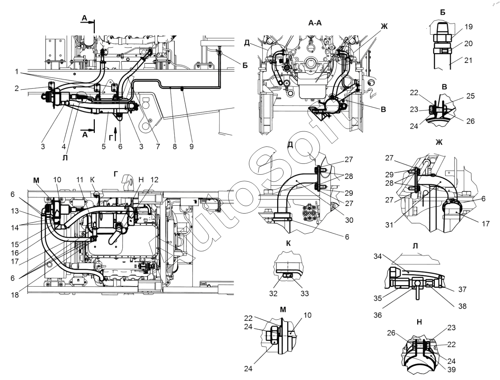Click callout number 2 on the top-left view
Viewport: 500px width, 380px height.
[x=17, y=89]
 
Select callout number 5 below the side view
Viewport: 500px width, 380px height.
[x=104, y=146]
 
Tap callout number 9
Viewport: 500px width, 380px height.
[x=191, y=146]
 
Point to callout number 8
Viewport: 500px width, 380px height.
[x=175, y=146]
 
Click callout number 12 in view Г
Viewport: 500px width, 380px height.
[x=154, y=180]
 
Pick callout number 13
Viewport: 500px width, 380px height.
[x=15, y=211]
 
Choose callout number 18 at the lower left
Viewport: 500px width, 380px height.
[x=15, y=295]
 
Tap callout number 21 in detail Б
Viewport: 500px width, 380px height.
[x=468, y=60]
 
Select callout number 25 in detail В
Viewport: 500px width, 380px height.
[x=471, y=96]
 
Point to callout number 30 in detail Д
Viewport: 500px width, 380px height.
[x=349, y=220]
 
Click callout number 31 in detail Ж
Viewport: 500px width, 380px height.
[x=389, y=225]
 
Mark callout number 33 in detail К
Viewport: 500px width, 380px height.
[x=305, y=293]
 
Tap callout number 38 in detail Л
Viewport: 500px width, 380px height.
[x=462, y=306]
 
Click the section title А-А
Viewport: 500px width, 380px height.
[x=315, y=23]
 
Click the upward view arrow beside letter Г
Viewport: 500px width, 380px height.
[x=116, y=134]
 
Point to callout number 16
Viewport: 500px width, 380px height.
[x=15, y=253]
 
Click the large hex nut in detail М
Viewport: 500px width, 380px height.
[x=272, y=336]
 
